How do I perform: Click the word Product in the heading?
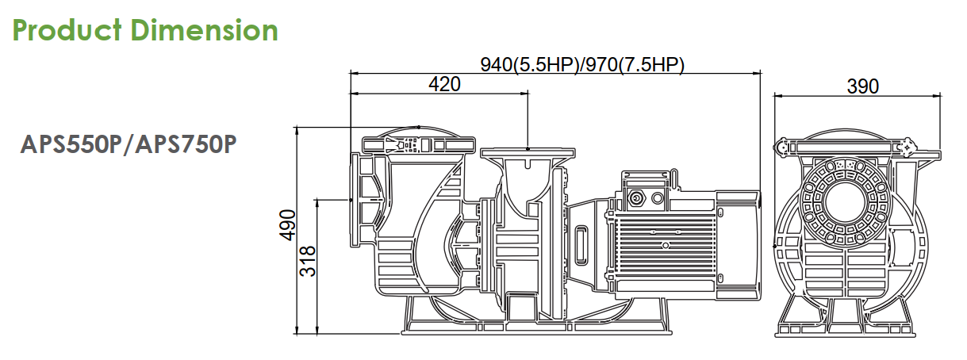(x=67, y=30)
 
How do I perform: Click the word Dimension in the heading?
(x=204, y=30)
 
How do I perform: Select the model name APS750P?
(x=186, y=144)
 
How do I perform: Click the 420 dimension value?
(x=444, y=84)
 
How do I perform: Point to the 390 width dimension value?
(x=862, y=86)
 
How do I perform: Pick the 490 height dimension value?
(x=287, y=225)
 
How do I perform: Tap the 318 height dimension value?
(x=308, y=261)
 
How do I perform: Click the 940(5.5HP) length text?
(x=529, y=65)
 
